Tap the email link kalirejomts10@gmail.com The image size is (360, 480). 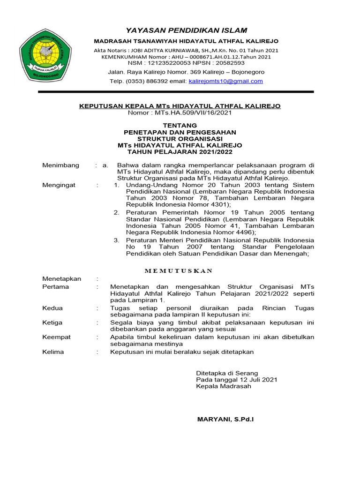click(x=225, y=81)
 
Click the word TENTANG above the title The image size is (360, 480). click(x=180, y=126)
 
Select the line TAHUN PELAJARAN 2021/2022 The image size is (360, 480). click(x=180, y=152)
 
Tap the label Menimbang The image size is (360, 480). click(x=60, y=165)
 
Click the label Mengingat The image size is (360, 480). click(x=59, y=185)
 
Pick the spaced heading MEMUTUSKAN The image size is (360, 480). click(x=179, y=270)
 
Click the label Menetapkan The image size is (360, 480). click(x=61, y=278)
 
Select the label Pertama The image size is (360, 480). click(x=55, y=286)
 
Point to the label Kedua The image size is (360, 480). click(x=52, y=308)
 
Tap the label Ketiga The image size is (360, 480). click(x=53, y=322)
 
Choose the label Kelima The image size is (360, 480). click(x=53, y=352)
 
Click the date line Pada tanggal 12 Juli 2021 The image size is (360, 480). click(x=236, y=380)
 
